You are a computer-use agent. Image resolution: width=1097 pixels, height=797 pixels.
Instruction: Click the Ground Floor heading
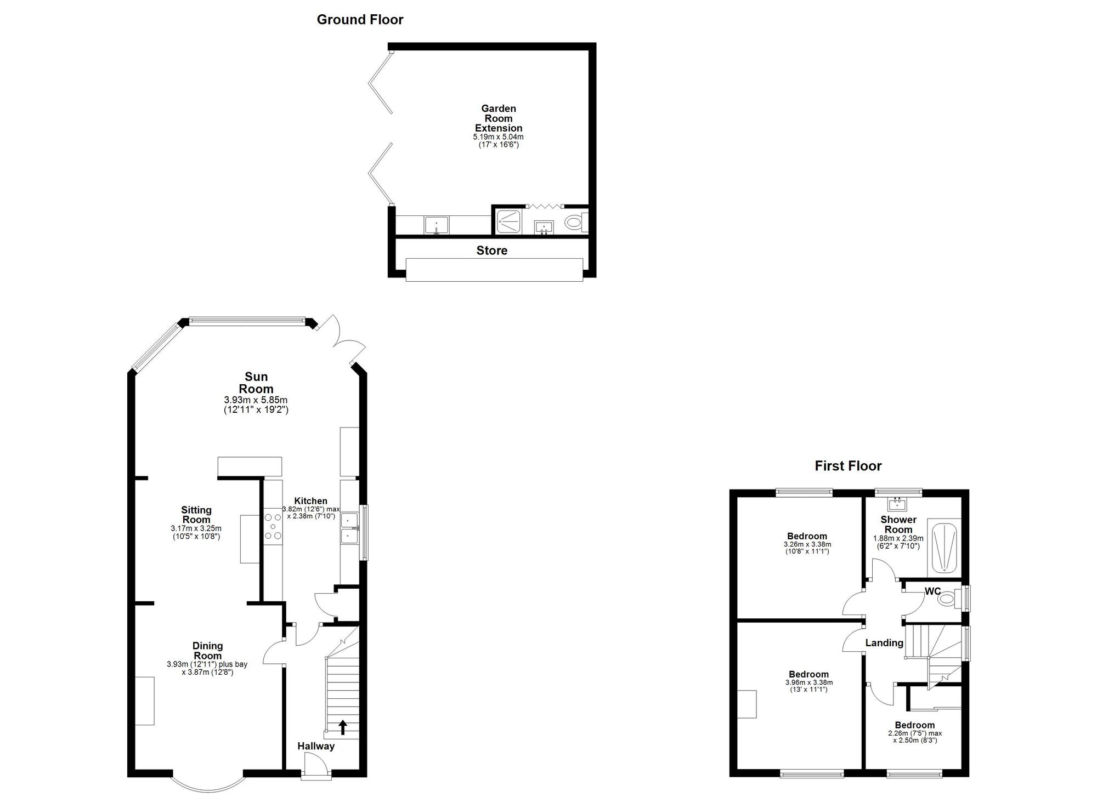[x=360, y=20]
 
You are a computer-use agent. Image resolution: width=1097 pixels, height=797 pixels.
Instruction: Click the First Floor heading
[x=848, y=466]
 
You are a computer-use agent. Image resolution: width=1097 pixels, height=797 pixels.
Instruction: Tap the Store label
[x=491, y=251]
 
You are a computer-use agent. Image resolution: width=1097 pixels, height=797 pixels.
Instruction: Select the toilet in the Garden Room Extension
[x=574, y=223]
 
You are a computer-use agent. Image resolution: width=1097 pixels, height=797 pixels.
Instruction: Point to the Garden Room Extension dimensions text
[x=498, y=141]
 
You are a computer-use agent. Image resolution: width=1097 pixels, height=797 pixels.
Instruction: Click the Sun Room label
[x=256, y=383]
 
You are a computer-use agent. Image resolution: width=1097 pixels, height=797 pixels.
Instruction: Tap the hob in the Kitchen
[x=273, y=526]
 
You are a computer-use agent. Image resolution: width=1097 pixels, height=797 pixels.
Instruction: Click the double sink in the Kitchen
[x=348, y=528]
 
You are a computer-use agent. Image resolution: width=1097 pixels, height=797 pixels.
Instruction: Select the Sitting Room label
[x=196, y=515]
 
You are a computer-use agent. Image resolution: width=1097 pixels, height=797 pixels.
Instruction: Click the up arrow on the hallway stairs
[x=343, y=727]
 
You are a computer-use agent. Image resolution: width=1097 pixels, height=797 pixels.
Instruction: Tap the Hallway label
[x=316, y=746]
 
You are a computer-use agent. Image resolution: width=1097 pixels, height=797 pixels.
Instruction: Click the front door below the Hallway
[x=316, y=766]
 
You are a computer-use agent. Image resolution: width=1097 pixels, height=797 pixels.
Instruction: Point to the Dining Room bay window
[x=208, y=784]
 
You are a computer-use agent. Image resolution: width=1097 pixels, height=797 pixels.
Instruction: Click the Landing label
[x=884, y=643]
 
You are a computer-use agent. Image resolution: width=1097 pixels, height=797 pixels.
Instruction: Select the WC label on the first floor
[x=932, y=591]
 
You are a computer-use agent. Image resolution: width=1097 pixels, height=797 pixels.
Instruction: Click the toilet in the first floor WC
[x=947, y=599]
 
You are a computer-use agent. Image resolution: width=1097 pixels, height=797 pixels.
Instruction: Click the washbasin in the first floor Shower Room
[x=897, y=503]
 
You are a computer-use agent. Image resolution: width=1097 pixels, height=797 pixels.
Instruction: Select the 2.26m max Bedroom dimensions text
[x=914, y=737]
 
